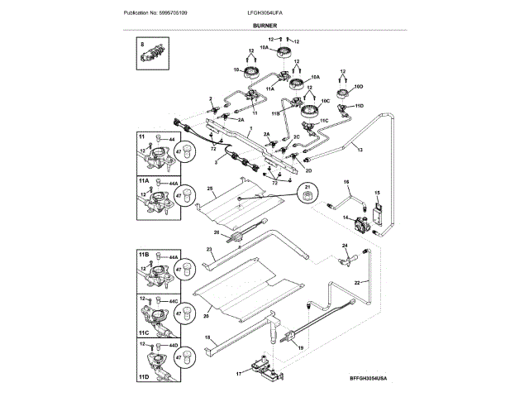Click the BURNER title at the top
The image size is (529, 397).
[x=264, y=26]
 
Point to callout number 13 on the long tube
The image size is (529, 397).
[x=358, y=151]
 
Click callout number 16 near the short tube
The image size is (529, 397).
[x=346, y=181]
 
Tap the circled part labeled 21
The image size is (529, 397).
[x=307, y=194]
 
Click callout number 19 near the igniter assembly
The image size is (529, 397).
[x=300, y=350]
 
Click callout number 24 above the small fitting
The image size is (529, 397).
[x=345, y=246]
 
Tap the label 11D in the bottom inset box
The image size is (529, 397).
[x=144, y=376]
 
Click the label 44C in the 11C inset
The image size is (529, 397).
[x=174, y=300]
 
